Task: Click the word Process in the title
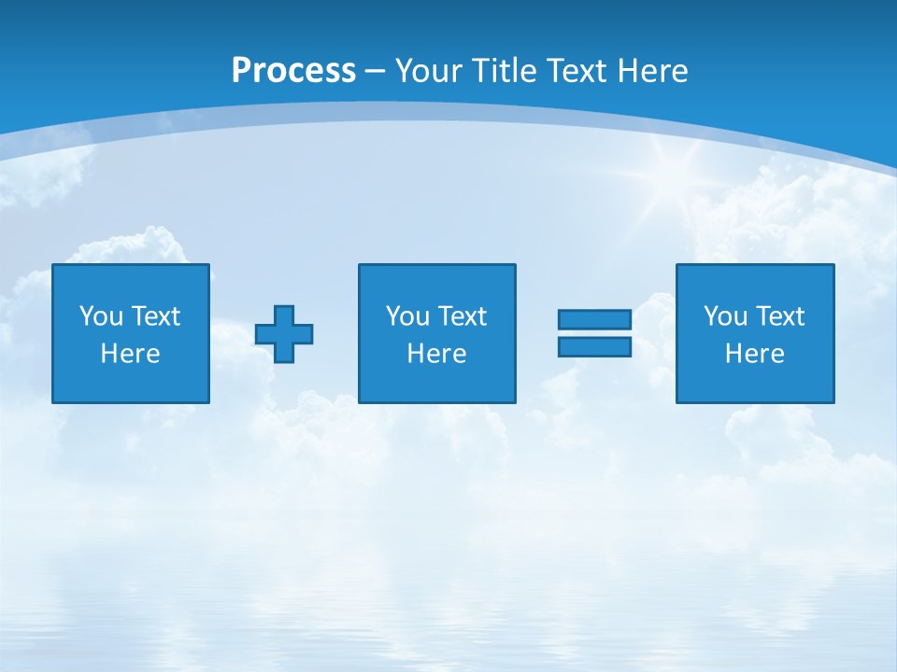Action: [293, 71]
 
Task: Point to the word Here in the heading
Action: [653, 71]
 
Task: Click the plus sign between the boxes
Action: [284, 334]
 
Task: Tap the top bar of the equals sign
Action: [594, 320]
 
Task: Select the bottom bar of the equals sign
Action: [594, 347]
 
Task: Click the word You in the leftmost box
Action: [101, 316]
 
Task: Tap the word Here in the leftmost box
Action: [131, 354]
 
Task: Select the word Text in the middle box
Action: [462, 316]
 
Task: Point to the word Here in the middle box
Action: [437, 354]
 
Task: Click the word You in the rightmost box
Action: [725, 316]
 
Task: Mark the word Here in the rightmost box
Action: [755, 354]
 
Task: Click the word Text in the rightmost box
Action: [779, 316]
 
